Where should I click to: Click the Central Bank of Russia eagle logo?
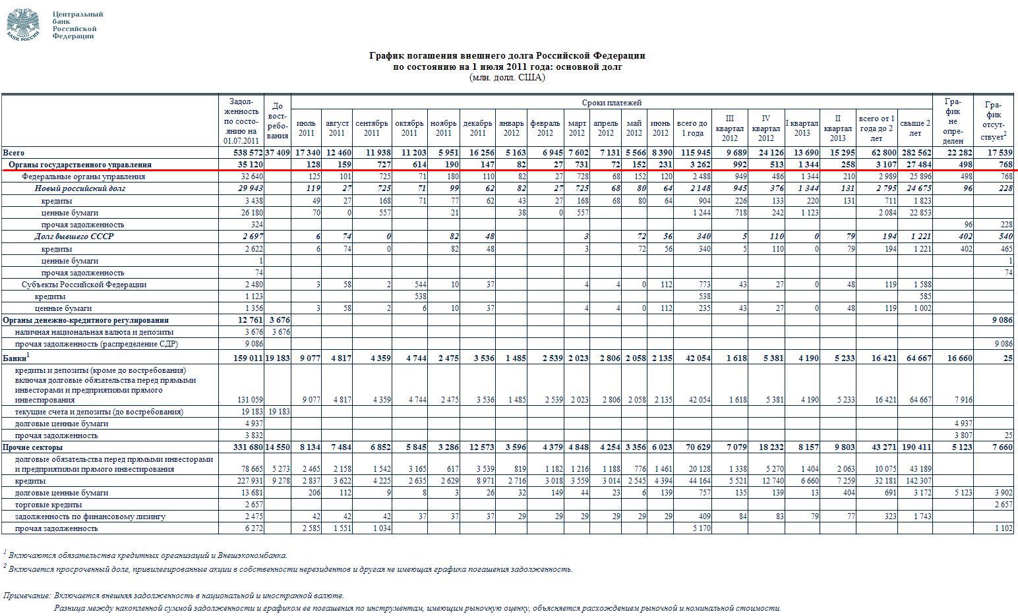click(x=23, y=25)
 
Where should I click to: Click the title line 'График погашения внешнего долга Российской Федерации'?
click(x=507, y=55)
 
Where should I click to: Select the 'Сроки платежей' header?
click(x=611, y=103)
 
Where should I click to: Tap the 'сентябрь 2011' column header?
click(x=372, y=128)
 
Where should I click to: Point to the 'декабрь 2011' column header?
click(x=477, y=128)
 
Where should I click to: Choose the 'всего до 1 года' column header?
click(x=692, y=128)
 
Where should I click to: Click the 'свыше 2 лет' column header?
click(x=915, y=128)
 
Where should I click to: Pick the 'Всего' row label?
click(x=14, y=153)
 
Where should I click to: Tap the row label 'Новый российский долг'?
click(x=80, y=188)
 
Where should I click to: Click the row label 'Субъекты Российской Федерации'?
click(x=84, y=285)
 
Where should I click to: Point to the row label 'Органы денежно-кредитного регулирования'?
click(x=86, y=320)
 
